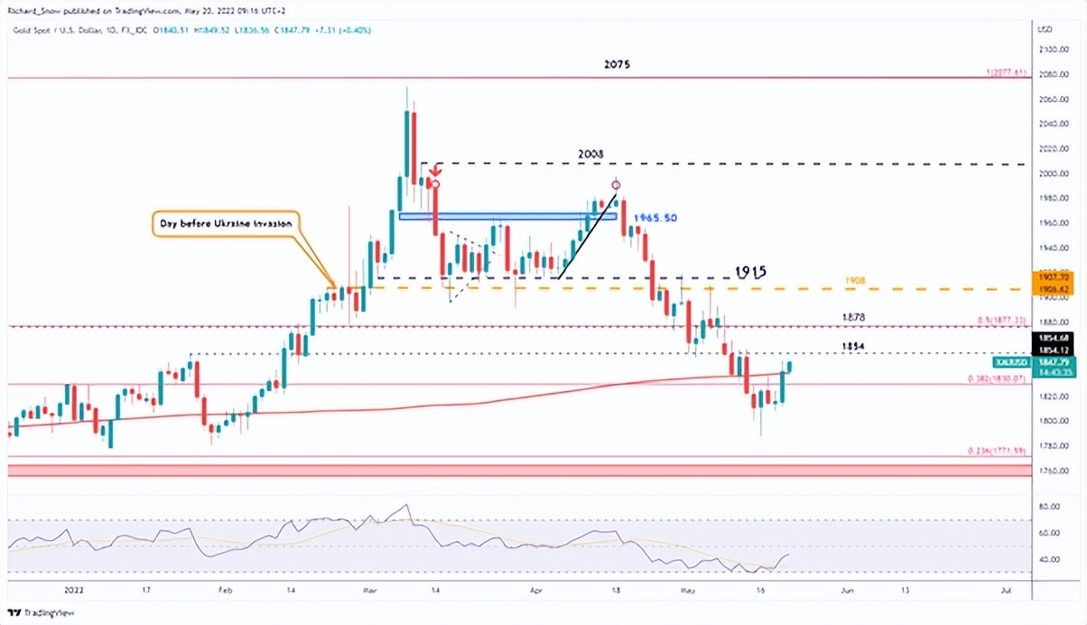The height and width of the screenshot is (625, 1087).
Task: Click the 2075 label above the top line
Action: tap(618, 65)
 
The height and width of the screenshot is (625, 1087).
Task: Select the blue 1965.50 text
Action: tap(655, 219)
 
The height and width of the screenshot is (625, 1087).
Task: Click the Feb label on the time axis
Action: tap(226, 589)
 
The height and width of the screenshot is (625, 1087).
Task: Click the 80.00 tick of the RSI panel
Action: tap(1048, 508)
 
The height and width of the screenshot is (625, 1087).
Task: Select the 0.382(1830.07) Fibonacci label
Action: tap(997, 378)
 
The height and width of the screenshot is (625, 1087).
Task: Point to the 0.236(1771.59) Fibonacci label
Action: tap(997, 451)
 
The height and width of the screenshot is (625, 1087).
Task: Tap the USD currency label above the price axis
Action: tap(1046, 29)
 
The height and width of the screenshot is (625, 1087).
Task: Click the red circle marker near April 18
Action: tap(617, 185)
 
